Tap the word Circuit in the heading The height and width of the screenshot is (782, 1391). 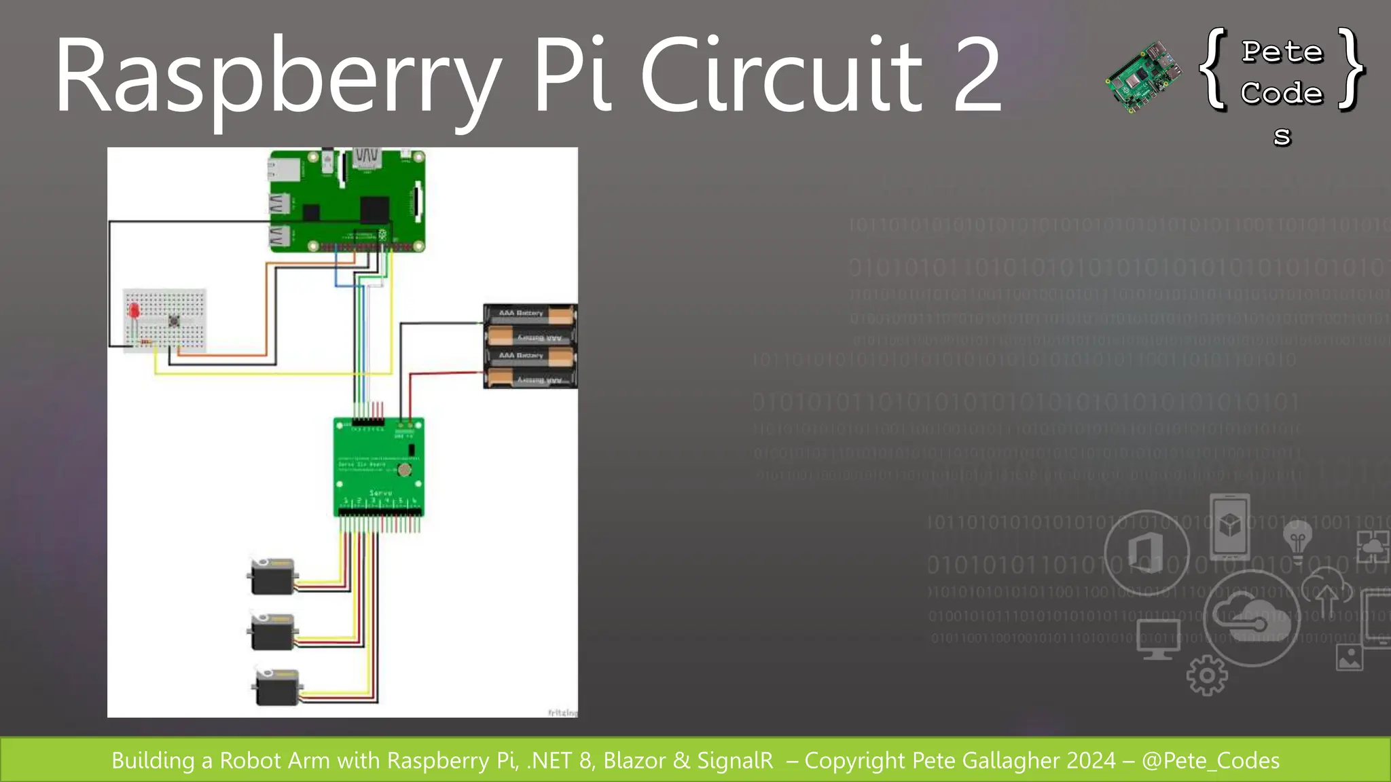click(781, 76)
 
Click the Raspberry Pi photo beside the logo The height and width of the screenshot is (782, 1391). click(1144, 76)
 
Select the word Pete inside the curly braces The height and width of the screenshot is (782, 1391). click(1282, 52)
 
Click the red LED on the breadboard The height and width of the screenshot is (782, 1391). click(134, 311)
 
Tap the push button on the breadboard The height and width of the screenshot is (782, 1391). click(174, 320)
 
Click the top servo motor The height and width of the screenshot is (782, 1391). click(272, 576)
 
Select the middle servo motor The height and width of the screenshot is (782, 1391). click(272, 632)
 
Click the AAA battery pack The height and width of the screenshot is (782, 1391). click(530, 346)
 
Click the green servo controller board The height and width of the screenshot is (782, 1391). click(378, 467)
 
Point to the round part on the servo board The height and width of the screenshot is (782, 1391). click(404, 470)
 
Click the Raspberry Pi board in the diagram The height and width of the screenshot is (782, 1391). click(347, 201)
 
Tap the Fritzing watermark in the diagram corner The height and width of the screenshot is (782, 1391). click(562, 712)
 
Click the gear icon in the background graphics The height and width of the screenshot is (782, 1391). click(1207, 675)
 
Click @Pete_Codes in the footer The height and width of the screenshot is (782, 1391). click(1210, 760)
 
